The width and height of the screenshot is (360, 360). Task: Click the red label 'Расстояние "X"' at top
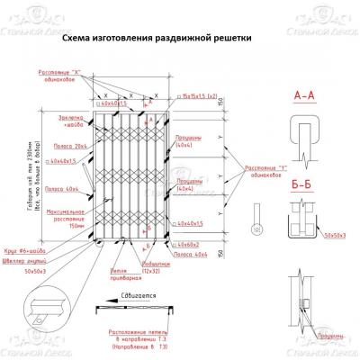pyautogui.click(x=59, y=73)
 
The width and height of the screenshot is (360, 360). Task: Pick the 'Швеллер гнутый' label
pyautogui.click(x=40, y=258)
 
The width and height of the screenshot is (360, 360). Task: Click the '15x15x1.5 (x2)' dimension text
pyautogui.click(x=200, y=94)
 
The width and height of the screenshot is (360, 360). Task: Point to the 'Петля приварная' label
pyautogui.click(x=123, y=274)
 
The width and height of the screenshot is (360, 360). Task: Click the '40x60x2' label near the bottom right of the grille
pyautogui.click(x=188, y=243)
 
